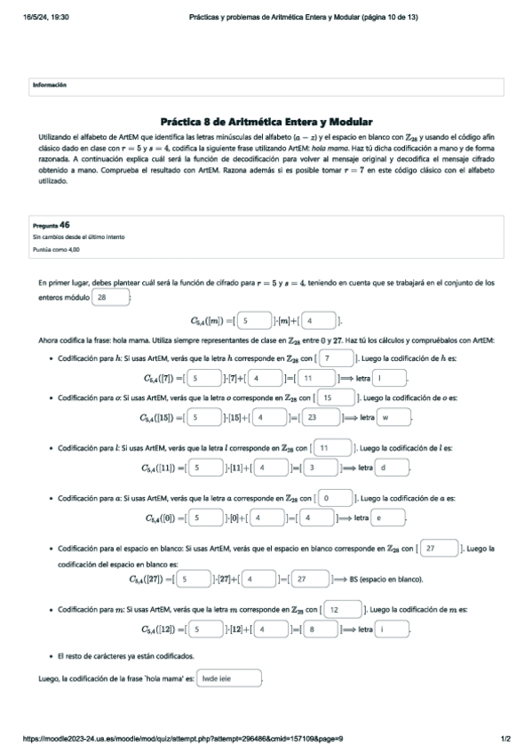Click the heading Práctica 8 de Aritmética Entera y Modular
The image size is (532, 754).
(x=266, y=121)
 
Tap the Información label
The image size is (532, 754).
(x=50, y=84)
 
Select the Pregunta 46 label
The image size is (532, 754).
(x=52, y=226)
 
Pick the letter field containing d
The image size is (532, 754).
(x=391, y=466)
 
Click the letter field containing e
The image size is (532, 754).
(x=387, y=517)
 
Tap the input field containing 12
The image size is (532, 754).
(x=341, y=610)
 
